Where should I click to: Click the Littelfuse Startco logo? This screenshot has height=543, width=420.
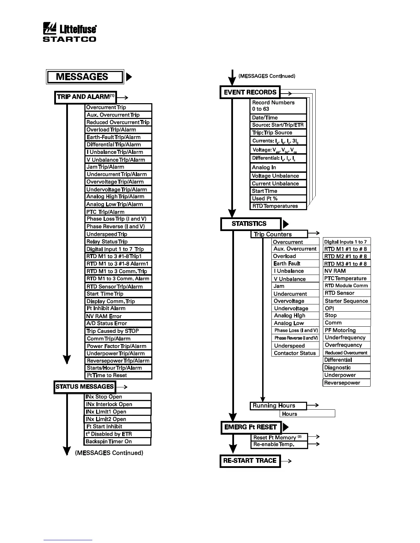click(x=69, y=33)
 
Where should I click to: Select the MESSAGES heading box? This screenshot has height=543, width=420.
click(x=84, y=77)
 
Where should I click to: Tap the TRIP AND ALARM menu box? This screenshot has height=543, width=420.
click(x=85, y=97)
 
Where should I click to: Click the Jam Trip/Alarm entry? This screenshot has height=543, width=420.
click(x=118, y=167)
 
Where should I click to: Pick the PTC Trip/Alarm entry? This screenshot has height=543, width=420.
click(x=118, y=212)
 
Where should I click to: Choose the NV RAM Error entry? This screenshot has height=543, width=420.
click(x=118, y=316)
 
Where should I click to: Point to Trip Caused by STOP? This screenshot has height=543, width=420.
click(x=118, y=331)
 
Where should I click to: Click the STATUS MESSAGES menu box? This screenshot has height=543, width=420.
click(x=84, y=387)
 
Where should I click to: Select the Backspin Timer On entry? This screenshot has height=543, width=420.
click(x=118, y=442)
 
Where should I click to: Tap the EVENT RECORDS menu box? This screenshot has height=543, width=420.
click(x=250, y=92)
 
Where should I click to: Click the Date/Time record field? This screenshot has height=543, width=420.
click(x=278, y=118)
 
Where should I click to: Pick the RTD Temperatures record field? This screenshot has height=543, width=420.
click(x=278, y=206)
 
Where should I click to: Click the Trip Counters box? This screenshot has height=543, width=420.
click(x=279, y=234)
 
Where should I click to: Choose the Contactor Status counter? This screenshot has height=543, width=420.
click(x=295, y=353)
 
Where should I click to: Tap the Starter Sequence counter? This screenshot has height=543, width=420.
click(x=347, y=301)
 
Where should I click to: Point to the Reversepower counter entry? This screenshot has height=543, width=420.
click(x=347, y=383)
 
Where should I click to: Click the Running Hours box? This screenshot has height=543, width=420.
click(x=278, y=406)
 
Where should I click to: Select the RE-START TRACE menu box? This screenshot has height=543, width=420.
click(x=250, y=461)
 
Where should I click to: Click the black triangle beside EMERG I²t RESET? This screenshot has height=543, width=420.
click(x=285, y=427)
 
